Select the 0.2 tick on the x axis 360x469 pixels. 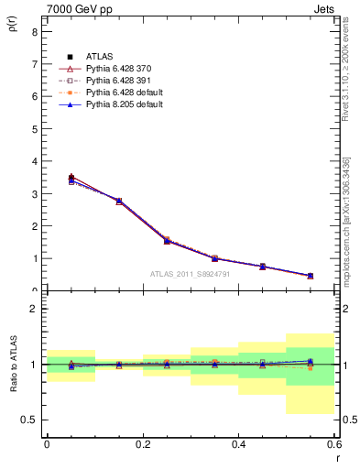pyautogui.click(x=142, y=443)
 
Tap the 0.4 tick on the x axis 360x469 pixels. pyautogui.click(x=238, y=443)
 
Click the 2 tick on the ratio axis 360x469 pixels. pyautogui.click(x=35, y=309)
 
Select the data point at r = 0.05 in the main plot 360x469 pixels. pyautogui.click(x=71, y=178)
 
